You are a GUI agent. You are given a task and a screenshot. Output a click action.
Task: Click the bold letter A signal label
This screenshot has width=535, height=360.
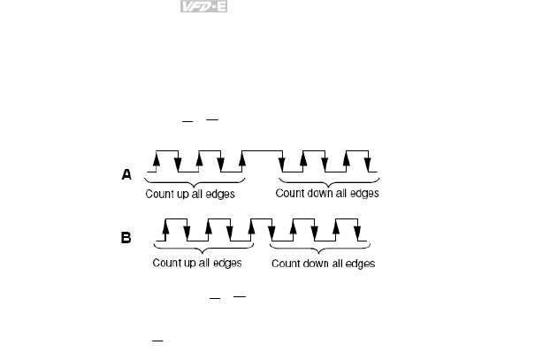[x=126, y=175]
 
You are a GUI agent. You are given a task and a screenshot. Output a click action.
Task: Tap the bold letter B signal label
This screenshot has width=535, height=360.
[x=126, y=237]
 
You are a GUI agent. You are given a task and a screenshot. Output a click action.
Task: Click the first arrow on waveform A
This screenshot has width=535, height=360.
[x=156, y=160]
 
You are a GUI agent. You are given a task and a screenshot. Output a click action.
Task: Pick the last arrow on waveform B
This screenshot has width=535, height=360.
[x=358, y=230]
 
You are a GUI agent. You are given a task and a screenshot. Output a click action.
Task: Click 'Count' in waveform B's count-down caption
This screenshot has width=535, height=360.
[x=287, y=264]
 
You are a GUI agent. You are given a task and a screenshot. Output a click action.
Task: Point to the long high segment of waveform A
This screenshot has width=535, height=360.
[x=262, y=152]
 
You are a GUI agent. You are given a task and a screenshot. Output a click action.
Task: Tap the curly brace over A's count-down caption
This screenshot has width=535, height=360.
[x=330, y=179]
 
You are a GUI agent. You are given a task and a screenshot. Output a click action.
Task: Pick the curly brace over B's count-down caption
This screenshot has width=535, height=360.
[x=322, y=249]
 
